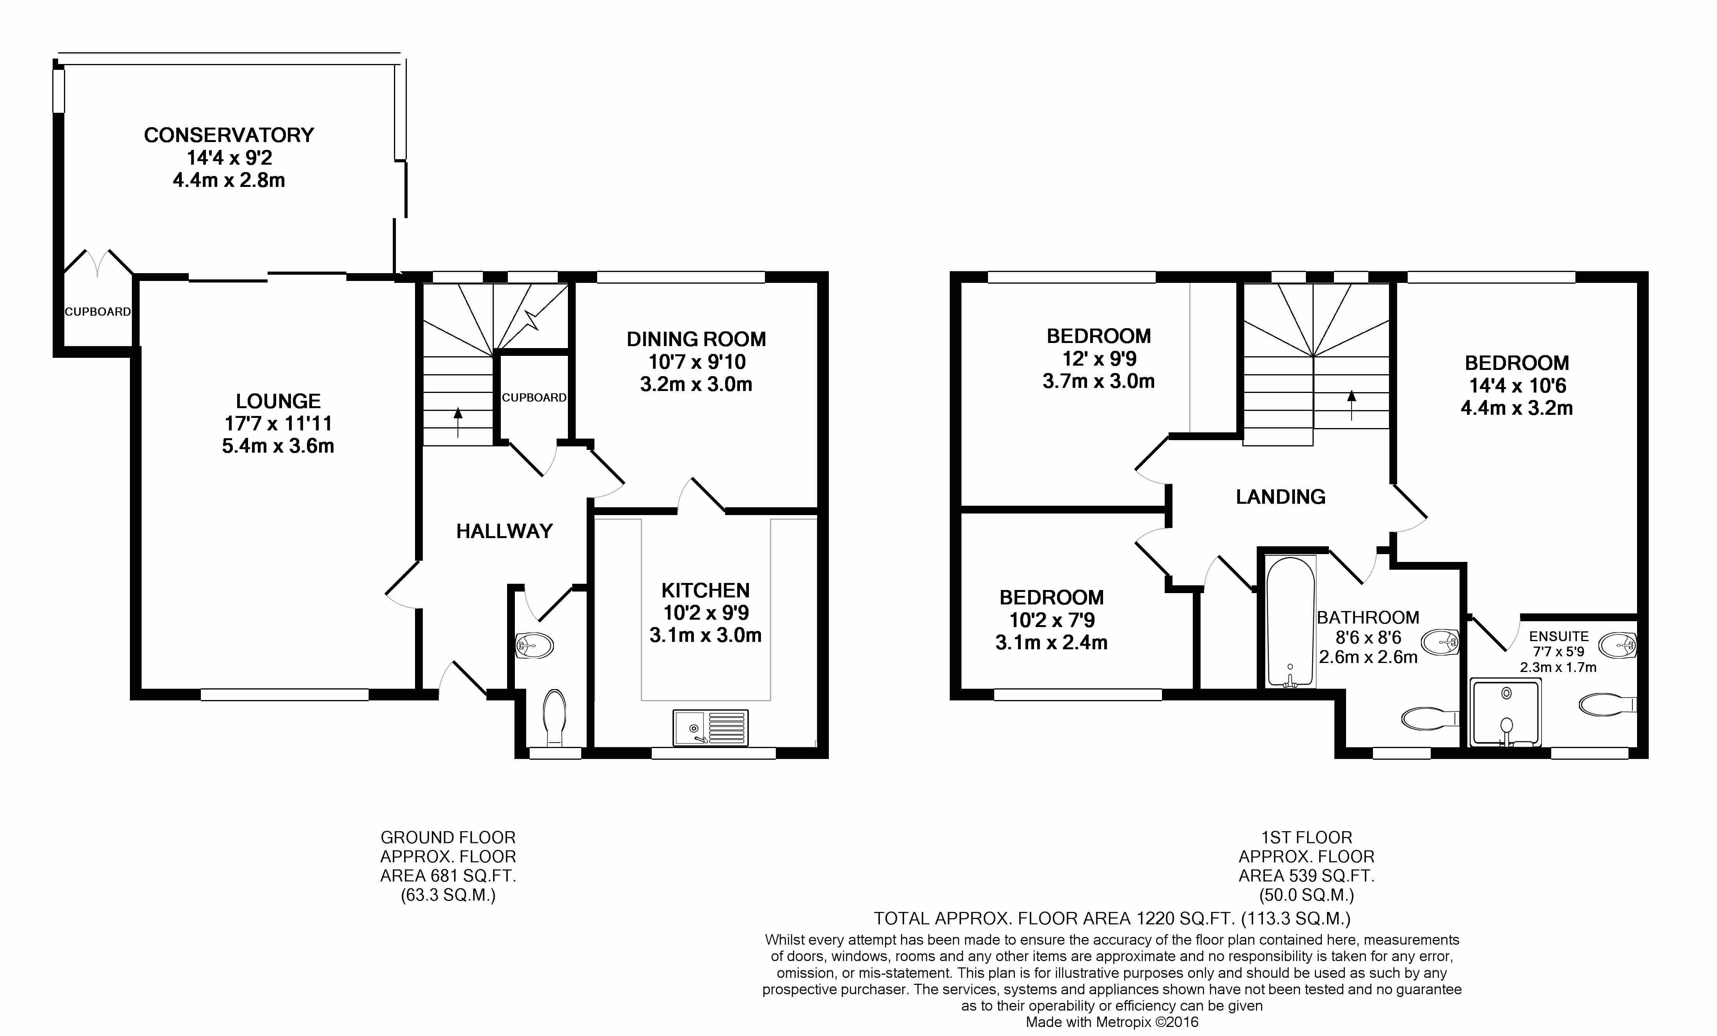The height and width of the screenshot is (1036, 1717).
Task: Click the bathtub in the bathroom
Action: click(x=1290, y=621)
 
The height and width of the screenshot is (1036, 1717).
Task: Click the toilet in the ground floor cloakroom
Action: click(x=555, y=717)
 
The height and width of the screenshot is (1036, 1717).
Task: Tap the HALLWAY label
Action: click(x=504, y=531)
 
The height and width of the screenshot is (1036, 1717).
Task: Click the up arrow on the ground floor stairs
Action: click(x=458, y=421)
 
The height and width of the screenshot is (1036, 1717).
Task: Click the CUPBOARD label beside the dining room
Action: click(x=534, y=397)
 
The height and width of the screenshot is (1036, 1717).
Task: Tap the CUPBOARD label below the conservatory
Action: click(x=98, y=312)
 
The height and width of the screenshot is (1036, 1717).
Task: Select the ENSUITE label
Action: click(x=1559, y=636)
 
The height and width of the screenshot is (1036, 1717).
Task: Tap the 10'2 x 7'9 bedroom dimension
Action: click(x=1052, y=620)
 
